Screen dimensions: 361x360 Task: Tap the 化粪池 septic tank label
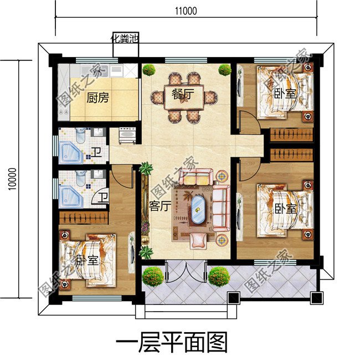pos(125,38)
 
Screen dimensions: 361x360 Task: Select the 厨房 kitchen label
pos(97,99)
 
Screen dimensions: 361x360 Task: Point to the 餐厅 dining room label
pos(181,94)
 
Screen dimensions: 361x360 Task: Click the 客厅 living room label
pos(159,206)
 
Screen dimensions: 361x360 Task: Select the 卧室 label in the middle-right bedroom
pos(285,209)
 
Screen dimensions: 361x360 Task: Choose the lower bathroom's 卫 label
pos(103,196)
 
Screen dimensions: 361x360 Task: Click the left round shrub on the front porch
pos(153,276)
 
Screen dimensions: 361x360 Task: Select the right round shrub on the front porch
pos(219,276)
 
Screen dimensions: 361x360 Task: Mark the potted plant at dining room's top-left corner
pos(148,70)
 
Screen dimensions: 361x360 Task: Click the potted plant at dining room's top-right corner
pos(224,70)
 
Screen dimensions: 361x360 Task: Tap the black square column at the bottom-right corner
pos(316,298)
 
